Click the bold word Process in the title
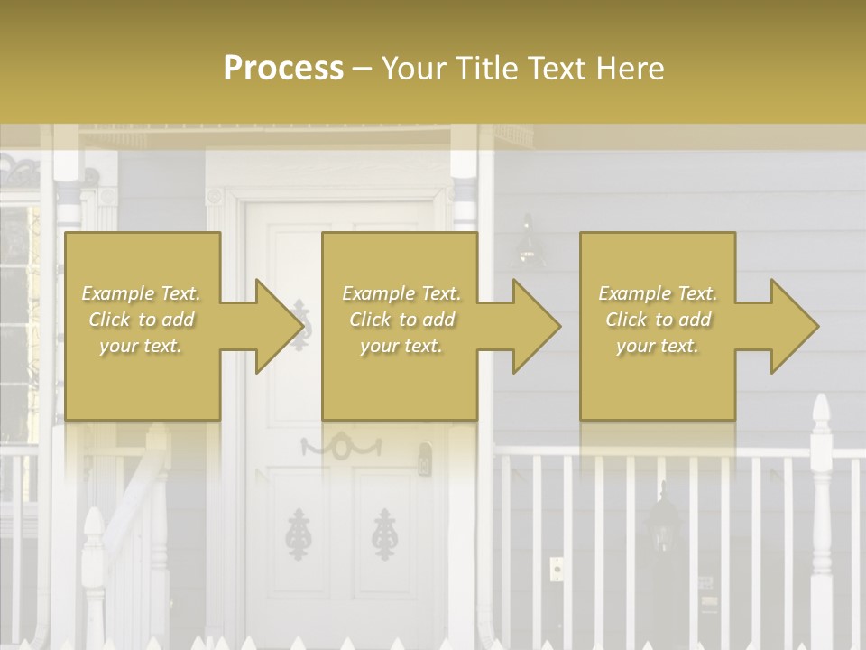click(283, 69)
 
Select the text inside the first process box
click(142, 320)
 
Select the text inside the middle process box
click(401, 320)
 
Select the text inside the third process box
click(658, 320)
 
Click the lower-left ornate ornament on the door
click(296, 533)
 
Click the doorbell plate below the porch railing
click(556, 569)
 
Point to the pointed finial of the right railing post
click(820, 411)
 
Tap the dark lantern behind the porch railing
click(665, 524)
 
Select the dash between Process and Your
click(363, 69)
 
